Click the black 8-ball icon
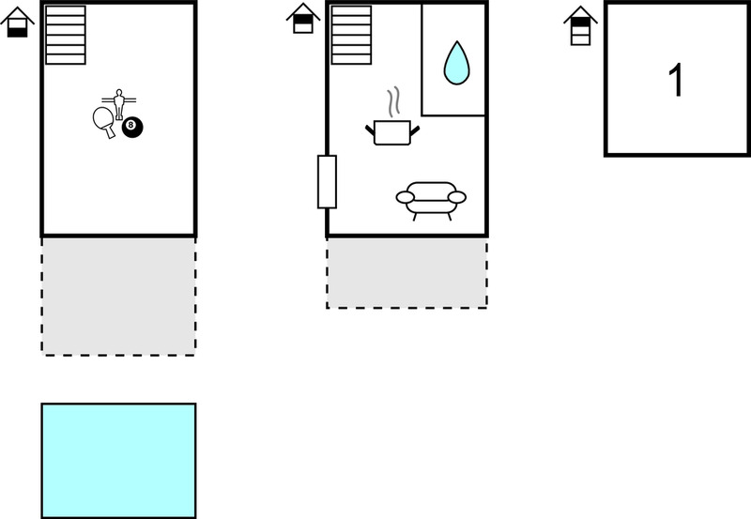click(132, 127)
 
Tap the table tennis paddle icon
click(104, 122)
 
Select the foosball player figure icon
click(119, 104)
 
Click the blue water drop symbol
click(456, 63)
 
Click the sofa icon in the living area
click(431, 201)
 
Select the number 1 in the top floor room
click(676, 80)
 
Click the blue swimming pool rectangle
click(119, 461)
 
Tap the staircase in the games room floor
click(66, 35)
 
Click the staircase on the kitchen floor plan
click(351, 35)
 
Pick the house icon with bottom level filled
click(17, 22)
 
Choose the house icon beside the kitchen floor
click(303, 18)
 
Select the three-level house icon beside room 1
click(580, 26)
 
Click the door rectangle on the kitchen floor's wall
click(327, 182)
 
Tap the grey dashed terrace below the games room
click(119, 297)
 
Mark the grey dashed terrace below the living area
click(407, 273)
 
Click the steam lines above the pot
click(394, 101)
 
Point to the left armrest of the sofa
click(406, 197)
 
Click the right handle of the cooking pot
click(415, 130)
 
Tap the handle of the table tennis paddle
click(110, 131)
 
